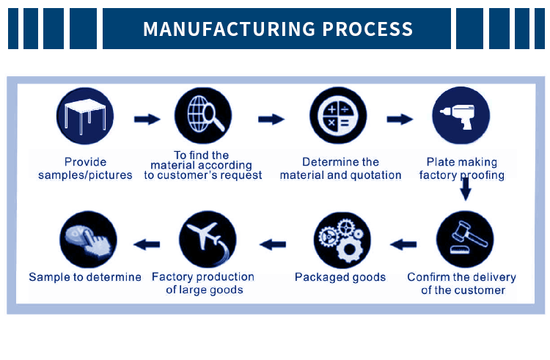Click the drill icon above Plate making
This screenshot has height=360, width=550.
point(461,116)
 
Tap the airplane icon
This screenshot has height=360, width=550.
point(208,239)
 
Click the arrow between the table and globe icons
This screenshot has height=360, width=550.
point(147,118)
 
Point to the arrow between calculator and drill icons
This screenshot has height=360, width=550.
point(399,118)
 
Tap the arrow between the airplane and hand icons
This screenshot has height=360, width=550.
point(150,243)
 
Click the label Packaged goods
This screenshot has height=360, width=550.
point(340,277)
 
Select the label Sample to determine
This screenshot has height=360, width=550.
point(85,277)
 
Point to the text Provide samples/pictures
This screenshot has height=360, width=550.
point(85,169)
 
